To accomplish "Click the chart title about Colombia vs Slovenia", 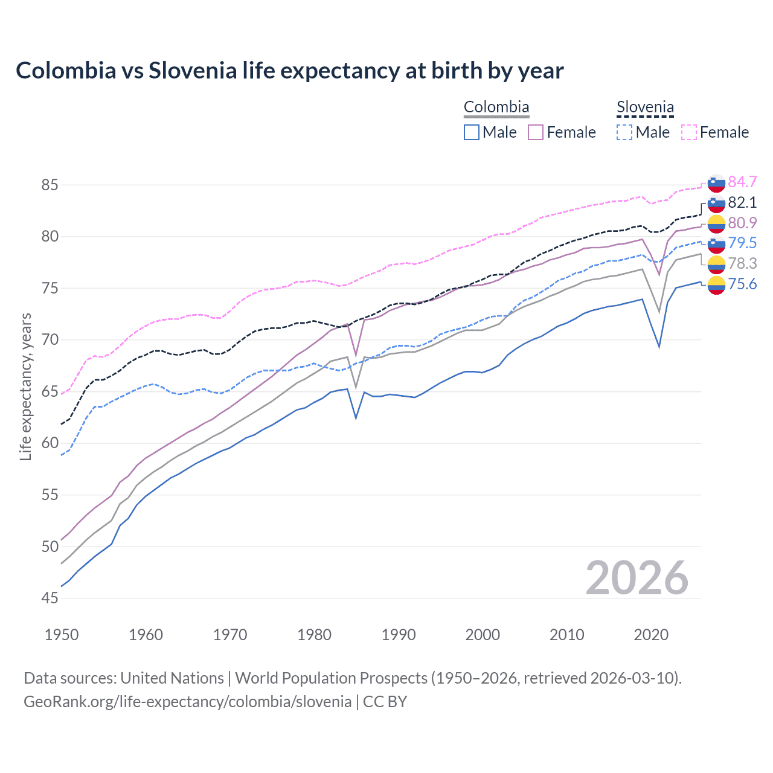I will (289, 71).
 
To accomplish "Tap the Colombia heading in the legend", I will (496, 107).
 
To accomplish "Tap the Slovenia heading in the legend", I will (644, 107).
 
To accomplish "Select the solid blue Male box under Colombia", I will (472, 132).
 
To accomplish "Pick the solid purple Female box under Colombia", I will (536, 132).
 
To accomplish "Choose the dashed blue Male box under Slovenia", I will (624, 132).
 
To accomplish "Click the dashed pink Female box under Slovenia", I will (688, 132).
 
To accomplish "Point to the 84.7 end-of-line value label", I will (742, 182).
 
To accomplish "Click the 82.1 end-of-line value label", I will (742, 202).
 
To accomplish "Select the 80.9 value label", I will (742, 223).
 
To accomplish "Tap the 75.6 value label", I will (742, 284).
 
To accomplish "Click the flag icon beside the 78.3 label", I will (716, 264).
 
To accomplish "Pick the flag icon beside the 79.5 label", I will (716, 243).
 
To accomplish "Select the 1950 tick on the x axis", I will (62, 635).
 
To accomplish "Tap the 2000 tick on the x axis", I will (483, 635).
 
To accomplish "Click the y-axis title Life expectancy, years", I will (26, 386).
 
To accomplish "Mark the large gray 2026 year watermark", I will (637, 578).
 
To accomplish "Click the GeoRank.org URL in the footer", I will (187, 702).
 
